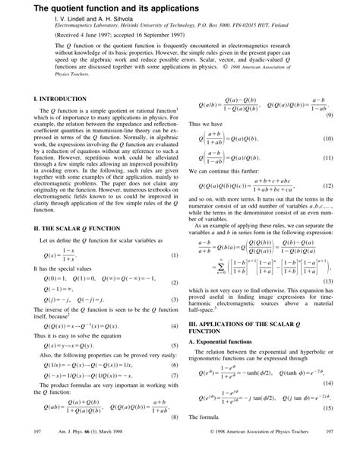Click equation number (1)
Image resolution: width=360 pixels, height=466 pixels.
coord(174,255)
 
